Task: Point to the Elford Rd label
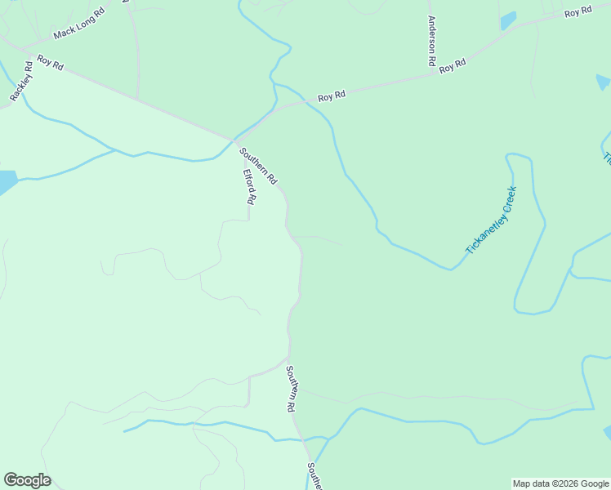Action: point(249,187)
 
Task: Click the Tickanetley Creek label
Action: point(491,220)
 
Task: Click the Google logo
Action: point(27,480)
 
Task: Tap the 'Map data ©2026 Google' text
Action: point(560,483)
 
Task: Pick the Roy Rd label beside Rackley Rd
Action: point(50,62)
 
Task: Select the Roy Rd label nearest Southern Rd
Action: point(332,96)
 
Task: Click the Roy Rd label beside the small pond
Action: point(578,12)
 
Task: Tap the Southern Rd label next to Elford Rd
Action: point(258,165)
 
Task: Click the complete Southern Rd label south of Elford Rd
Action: point(290,388)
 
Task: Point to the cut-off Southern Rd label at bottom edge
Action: point(312,477)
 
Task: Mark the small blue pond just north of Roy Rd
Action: point(508,20)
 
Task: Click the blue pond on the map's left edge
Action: point(7,181)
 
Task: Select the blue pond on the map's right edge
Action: point(604,82)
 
